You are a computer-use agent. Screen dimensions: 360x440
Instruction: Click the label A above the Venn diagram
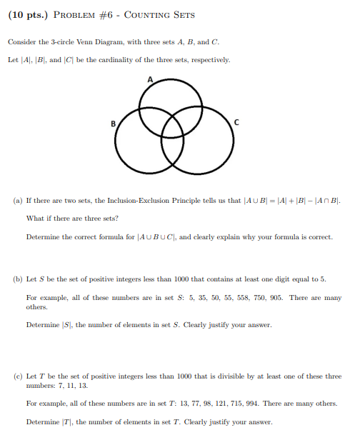(x=151, y=79)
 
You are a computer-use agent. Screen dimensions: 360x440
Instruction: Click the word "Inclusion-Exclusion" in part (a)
(x=132, y=203)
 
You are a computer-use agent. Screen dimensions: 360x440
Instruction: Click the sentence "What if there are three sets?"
(x=61, y=219)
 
